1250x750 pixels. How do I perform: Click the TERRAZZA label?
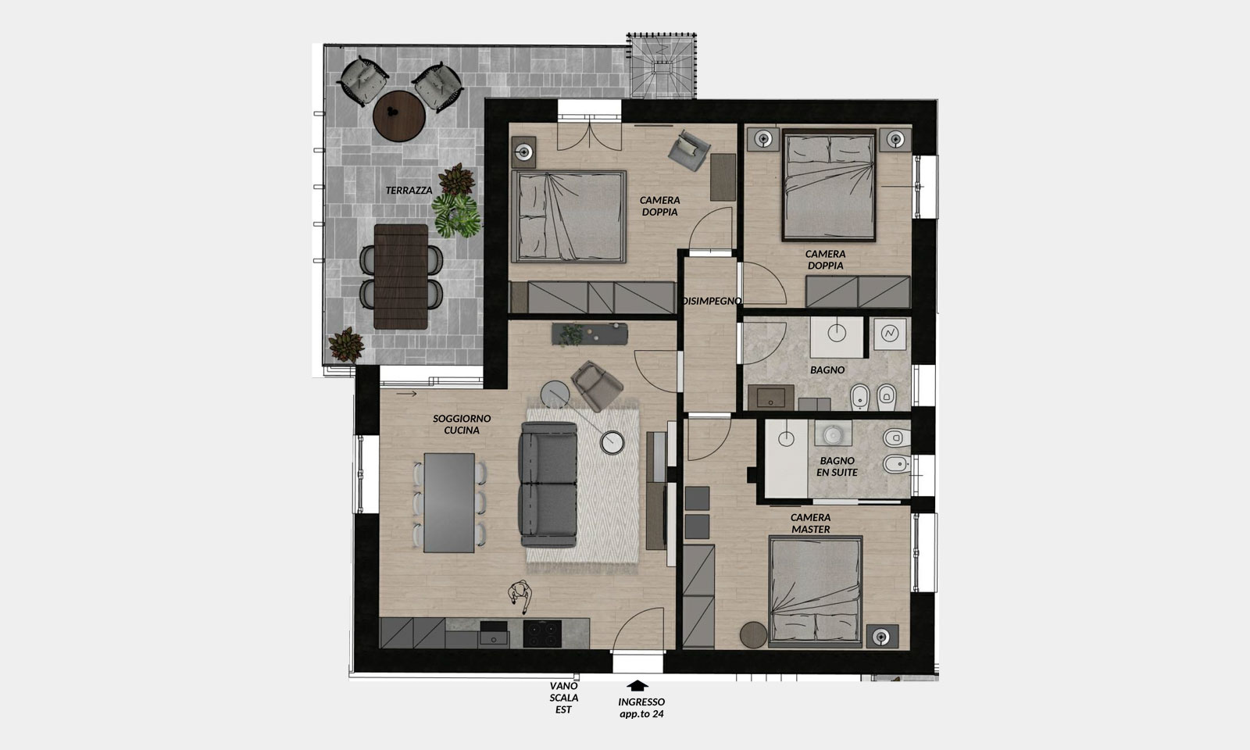click(x=409, y=191)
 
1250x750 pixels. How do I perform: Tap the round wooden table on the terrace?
click(x=399, y=116)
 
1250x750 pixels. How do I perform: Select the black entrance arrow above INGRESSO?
click(x=637, y=686)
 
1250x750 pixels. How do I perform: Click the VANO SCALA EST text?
click(x=563, y=698)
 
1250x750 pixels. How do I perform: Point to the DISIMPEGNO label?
click(x=712, y=301)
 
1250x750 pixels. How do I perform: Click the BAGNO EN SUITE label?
click(x=837, y=466)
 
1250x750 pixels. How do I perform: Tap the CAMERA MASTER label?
click(x=811, y=523)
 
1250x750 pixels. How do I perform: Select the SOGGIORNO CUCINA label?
click(x=462, y=424)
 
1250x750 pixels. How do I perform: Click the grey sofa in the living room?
click(x=548, y=484)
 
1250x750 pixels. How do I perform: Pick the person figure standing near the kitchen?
click(x=520, y=595)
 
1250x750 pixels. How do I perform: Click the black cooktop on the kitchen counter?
click(x=542, y=634)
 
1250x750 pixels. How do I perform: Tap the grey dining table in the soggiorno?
click(x=449, y=503)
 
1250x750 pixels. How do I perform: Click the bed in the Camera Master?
click(x=816, y=591)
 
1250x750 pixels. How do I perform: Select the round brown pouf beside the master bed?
click(x=753, y=635)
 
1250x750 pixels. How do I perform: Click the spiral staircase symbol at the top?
click(x=662, y=66)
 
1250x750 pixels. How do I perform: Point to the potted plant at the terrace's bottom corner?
click(x=346, y=345)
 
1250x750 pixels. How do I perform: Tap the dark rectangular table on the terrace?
click(x=401, y=277)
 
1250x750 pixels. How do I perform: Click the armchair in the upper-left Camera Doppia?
click(x=688, y=151)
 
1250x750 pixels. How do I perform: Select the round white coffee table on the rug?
click(x=612, y=442)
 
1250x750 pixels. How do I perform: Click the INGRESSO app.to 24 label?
click(x=641, y=708)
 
